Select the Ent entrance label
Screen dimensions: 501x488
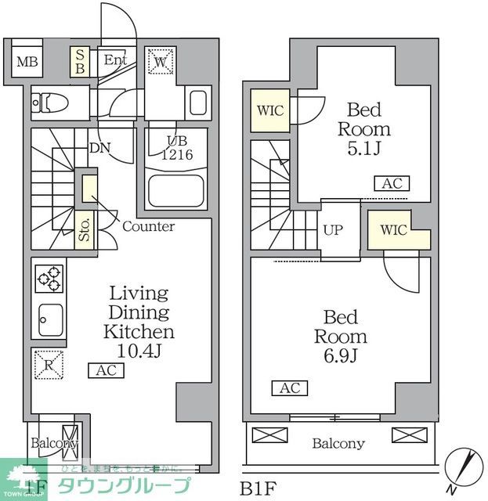coord(115,60)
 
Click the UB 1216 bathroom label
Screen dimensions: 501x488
coord(175,149)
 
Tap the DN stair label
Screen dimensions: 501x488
coord(99,146)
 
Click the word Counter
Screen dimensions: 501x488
coord(148,227)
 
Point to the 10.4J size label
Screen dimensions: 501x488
coord(139,351)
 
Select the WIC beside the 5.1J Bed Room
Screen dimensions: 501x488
coord(269,110)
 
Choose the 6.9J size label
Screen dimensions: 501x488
coord(340,357)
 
